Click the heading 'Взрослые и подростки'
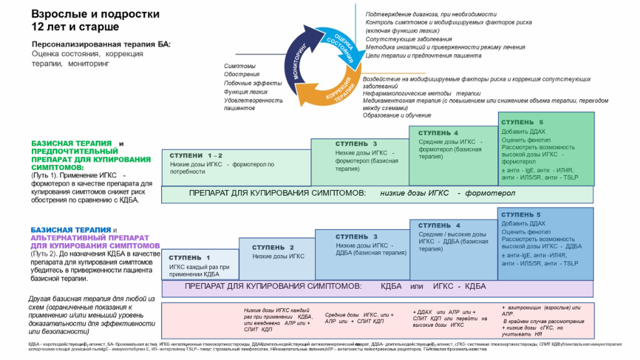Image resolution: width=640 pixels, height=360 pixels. click(x=96, y=14)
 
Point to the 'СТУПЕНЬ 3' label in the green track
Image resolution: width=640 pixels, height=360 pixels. click(x=356, y=144)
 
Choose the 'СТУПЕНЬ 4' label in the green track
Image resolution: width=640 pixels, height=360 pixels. click(x=438, y=133)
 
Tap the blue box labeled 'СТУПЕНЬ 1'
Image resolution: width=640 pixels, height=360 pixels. click(x=200, y=264)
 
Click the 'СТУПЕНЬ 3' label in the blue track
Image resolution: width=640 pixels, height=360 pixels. click(x=356, y=237)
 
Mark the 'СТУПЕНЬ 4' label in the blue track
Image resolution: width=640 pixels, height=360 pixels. click(x=439, y=226)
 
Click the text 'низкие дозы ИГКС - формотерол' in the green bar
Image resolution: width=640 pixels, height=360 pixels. click(x=447, y=194)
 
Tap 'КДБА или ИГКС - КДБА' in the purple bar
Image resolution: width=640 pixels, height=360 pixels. click(x=433, y=286)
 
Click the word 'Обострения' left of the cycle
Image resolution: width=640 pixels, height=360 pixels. click(x=242, y=74)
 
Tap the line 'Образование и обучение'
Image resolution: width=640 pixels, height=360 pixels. click(x=396, y=116)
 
